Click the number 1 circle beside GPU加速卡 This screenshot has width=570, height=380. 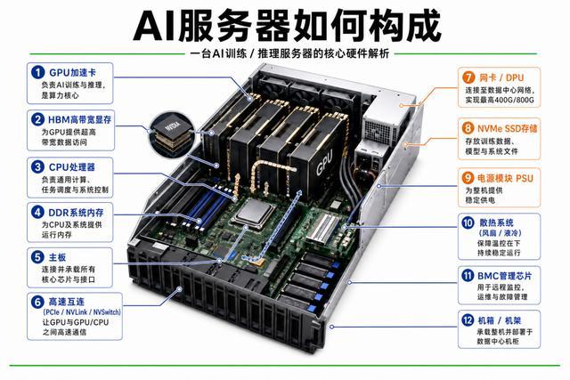[x=37, y=72]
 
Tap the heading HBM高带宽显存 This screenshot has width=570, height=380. [x=79, y=119]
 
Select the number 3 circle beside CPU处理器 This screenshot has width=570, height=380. [x=37, y=166]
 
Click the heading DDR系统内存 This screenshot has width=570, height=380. [x=76, y=212]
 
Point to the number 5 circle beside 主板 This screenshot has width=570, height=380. [x=37, y=257]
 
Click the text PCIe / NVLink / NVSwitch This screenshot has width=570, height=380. [x=82, y=312]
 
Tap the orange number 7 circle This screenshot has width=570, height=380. [x=468, y=77]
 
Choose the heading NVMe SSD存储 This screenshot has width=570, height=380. [x=507, y=128]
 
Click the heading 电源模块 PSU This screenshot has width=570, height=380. [x=505, y=178]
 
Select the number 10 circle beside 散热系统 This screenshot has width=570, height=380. [x=468, y=222]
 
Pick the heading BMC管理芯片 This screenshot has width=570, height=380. [x=504, y=276]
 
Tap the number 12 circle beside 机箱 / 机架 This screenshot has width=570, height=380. [x=468, y=320]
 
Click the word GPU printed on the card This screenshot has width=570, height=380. [x=324, y=162]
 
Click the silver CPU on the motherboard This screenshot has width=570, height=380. [x=253, y=213]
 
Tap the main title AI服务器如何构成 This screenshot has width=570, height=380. [x=287, y=26]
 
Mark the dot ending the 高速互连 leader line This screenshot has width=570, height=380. [x=180, y=289]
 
